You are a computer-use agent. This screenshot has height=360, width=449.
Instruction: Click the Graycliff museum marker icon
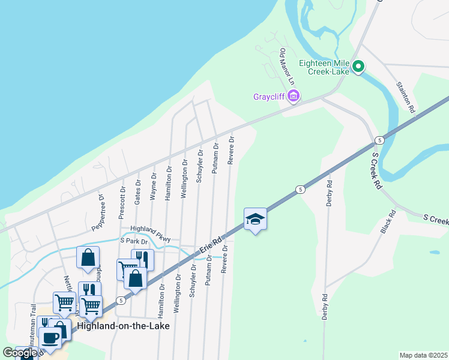293,96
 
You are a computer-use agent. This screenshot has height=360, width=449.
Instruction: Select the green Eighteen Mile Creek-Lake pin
358,66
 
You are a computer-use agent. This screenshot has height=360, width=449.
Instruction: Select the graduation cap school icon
255,220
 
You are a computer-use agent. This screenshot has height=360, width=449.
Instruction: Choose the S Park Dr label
133,241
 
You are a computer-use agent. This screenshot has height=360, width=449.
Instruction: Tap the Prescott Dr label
122,198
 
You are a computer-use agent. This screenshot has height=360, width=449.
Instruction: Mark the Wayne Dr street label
154,185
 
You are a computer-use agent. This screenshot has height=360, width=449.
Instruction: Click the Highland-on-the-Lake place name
123,326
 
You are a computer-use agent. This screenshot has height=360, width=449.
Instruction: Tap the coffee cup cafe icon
50,337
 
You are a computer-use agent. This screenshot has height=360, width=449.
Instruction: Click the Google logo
19,353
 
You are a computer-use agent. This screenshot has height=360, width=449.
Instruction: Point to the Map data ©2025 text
423,355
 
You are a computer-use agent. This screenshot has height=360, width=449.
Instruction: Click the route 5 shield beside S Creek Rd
379,140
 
